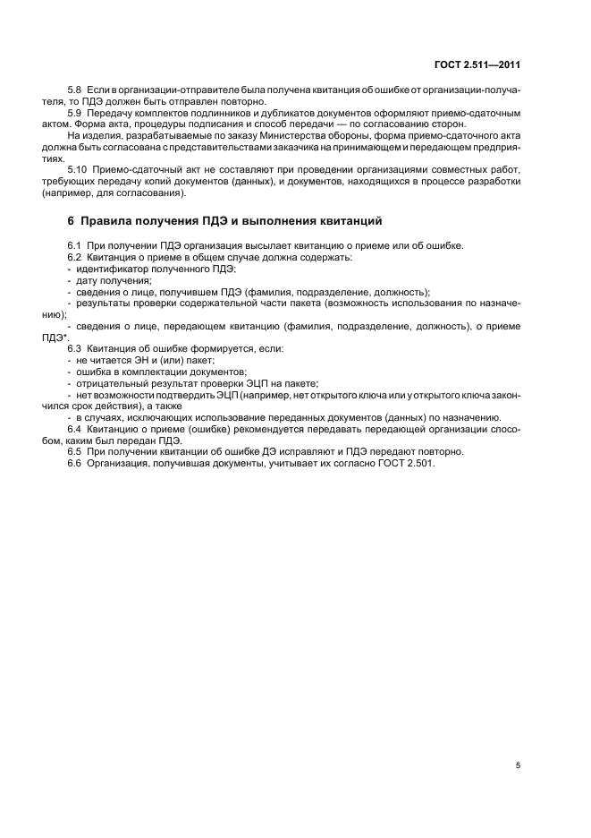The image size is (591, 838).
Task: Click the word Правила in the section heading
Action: pos(112,220)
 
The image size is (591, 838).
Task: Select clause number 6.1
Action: pos(75,246)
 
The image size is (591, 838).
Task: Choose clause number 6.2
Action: pos(75,258)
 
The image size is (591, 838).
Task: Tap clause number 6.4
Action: pos(75,429)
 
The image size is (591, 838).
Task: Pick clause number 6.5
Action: pos(75,451)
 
